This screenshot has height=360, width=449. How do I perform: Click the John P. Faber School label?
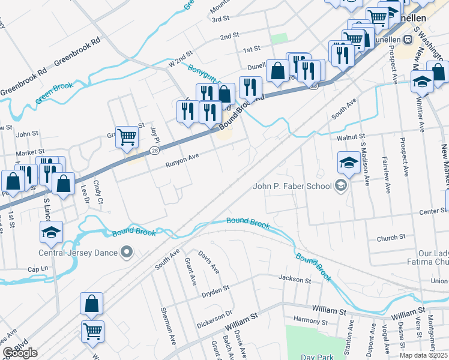[x=292, y=186]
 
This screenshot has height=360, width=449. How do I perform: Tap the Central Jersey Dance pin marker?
[x=126, y=252]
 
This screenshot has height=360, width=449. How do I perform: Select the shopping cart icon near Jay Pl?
[x=127, y=137]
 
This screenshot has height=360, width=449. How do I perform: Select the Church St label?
[x=391, y=238]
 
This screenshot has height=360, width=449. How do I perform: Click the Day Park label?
[x=316, y=356]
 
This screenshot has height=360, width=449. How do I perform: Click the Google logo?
[x=20, y=353]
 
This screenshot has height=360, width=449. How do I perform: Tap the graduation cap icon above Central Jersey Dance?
[x=52, y=232]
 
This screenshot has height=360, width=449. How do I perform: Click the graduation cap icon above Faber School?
[x=349, y=161]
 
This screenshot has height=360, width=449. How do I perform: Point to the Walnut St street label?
[x=351, y=137]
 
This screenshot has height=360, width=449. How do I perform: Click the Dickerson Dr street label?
[x=214, y=319]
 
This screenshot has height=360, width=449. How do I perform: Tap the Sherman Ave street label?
[x=167, y=329]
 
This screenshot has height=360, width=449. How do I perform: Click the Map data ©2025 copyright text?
[x=424, y=355]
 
